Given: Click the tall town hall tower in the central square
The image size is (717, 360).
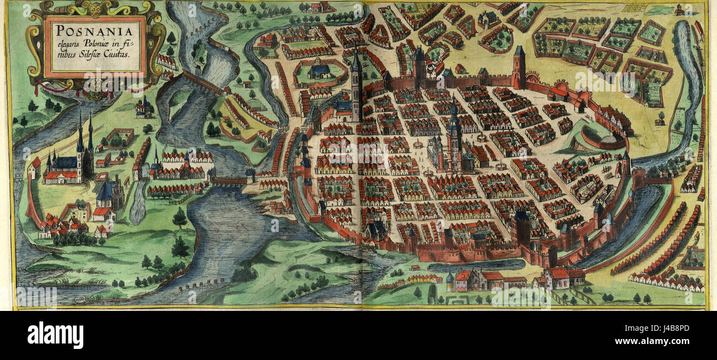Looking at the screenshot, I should point(453,135).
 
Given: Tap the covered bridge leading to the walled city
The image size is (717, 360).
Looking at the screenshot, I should point(230,180).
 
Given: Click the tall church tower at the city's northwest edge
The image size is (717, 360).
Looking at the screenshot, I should point(356,85).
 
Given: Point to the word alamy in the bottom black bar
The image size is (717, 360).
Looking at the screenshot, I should point(55,335).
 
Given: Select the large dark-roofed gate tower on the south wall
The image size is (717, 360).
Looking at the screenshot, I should point(521,226).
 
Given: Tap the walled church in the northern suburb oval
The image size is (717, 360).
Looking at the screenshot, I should point(319,72).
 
